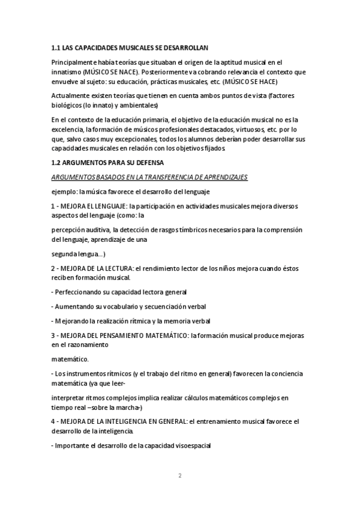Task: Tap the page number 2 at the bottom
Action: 179,475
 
